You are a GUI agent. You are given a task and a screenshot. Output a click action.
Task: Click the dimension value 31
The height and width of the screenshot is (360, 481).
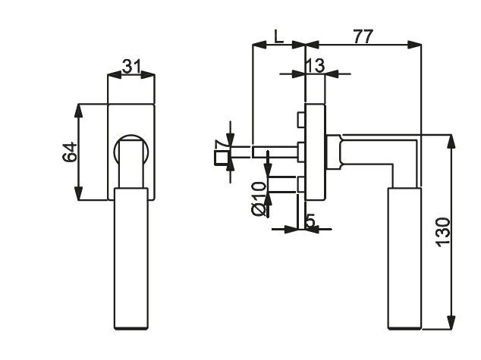[x=131, y=67]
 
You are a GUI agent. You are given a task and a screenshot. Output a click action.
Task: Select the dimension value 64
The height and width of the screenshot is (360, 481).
[x=70, y=152]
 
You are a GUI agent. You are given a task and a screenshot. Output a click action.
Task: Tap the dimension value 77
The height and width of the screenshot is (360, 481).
[x=363, y=36]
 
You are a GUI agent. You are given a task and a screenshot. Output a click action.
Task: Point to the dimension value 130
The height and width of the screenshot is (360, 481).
[x=443, y=232]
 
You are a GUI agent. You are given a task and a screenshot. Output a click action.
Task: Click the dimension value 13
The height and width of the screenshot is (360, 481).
[x=315, y=65]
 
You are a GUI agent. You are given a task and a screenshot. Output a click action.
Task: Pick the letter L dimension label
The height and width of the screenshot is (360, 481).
[x=278, y=37]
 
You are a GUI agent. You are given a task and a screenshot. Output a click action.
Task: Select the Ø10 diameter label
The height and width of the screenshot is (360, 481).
[x=258, y=199]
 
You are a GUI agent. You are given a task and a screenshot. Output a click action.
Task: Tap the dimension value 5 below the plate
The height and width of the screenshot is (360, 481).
[x=310, y=221]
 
